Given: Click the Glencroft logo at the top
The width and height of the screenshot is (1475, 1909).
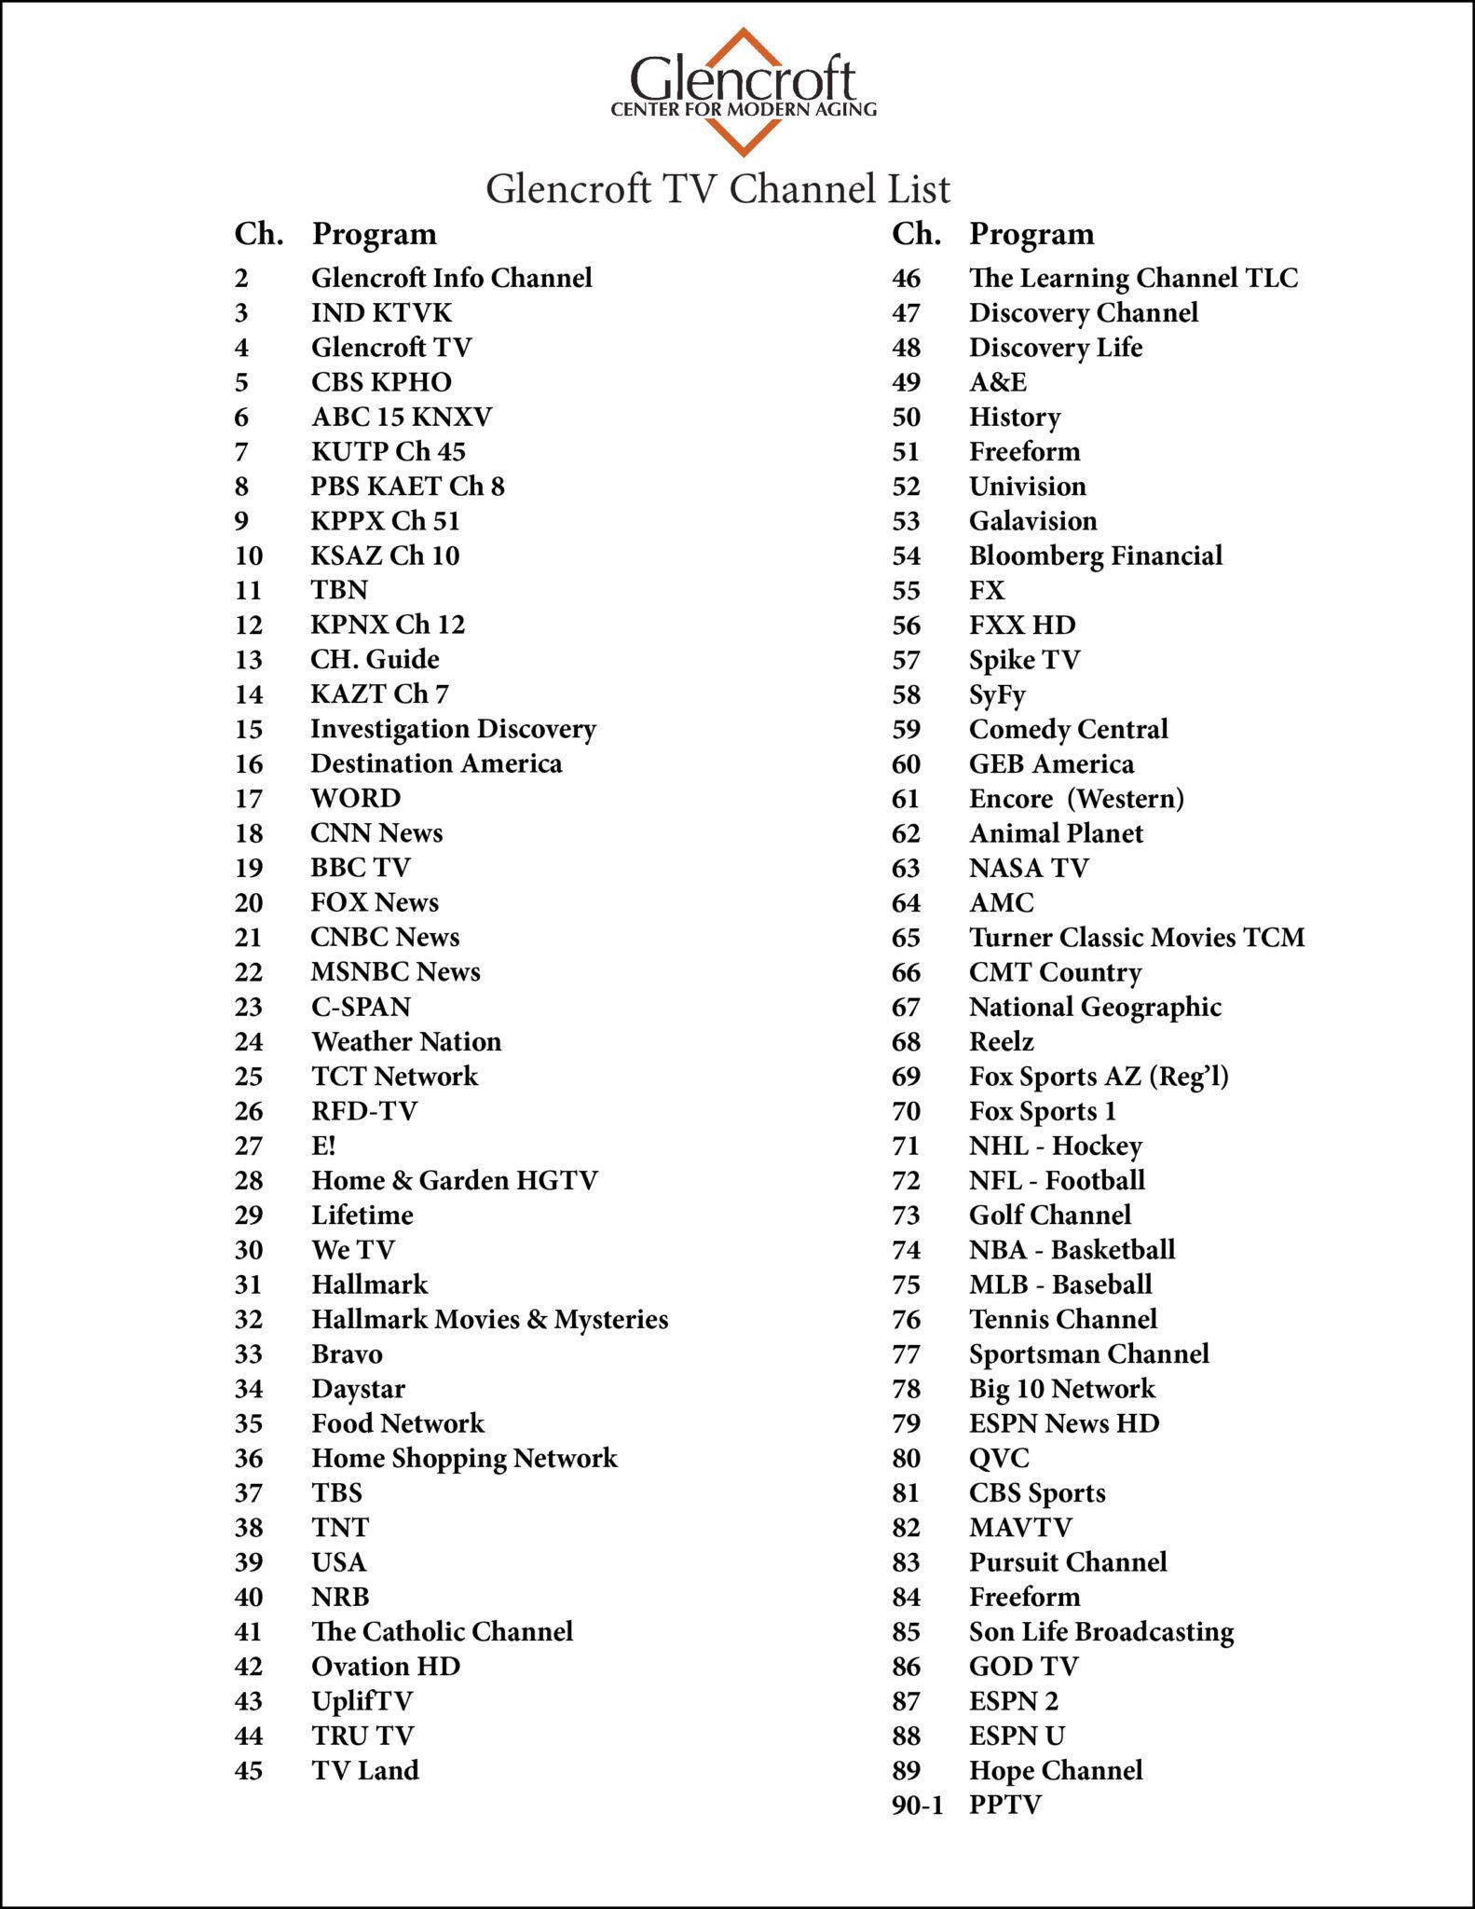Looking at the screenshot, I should (x=743, y=90).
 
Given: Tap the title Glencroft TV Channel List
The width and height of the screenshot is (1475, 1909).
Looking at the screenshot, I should (x=717, y=189).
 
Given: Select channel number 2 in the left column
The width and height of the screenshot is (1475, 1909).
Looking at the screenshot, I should (x=241, y=279).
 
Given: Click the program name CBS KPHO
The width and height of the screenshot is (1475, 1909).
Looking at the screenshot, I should (x=381, y=382).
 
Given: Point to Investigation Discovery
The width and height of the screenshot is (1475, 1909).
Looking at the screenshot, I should (x=453, y=729).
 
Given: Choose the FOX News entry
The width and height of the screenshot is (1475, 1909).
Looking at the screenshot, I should (x=375, y=902).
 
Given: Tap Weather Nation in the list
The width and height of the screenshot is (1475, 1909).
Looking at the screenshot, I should (x=406, y=1041).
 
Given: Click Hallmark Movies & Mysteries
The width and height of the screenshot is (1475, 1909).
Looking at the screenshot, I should (x=489, y=1319).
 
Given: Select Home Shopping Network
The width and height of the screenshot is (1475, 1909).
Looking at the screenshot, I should (x=464, y=1458).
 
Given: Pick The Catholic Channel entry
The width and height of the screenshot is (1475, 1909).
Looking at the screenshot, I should (x=442, y=1631).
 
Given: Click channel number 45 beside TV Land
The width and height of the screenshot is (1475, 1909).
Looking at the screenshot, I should (x=249, y=1770).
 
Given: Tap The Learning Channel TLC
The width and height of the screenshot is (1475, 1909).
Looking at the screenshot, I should (x=1133, y=279).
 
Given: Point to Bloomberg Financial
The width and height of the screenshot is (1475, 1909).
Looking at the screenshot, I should (x=1095, y=556).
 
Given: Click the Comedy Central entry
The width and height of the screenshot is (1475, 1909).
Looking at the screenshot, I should (x=1068, y=729).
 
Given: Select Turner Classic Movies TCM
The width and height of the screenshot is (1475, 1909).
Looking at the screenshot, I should (x=1136, y=937).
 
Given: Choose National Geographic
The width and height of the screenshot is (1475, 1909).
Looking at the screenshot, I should (x=1095, y=1007).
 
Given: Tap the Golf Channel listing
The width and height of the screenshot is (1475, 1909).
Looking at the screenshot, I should (x=1050, y=1215).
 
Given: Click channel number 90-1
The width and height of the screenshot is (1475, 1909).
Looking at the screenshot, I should (x=917, y=1805).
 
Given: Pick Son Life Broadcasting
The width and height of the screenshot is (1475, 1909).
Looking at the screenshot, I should (x=1101, y=1631).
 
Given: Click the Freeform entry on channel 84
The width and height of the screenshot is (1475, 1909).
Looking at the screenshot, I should (x=1024, y=1597).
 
